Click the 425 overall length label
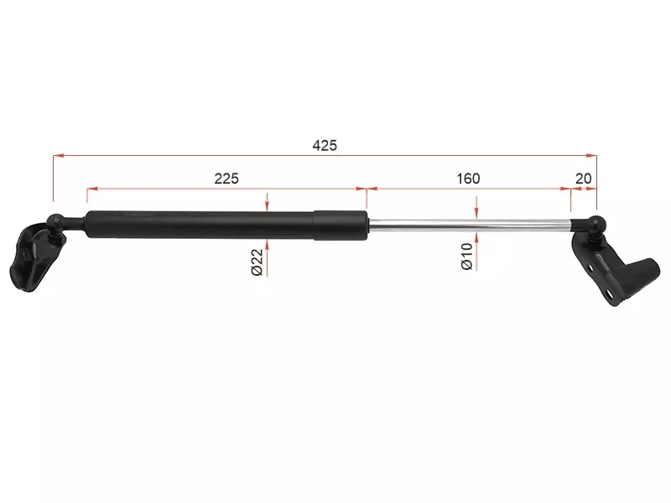click(x=325, y=146)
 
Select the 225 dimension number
click(x=226, y=179)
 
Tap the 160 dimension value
click(x=468, y=179)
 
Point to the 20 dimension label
click(x=583, y=179)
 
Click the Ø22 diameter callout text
click(x=257, y=262)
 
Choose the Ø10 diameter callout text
click(x=467, y=257)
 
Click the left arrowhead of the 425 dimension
click(x=59, y=156)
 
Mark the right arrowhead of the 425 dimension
click(x=591, y=156)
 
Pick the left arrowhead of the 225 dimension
click(x=92, y=188)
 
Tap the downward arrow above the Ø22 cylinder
click(x=267, y=202)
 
